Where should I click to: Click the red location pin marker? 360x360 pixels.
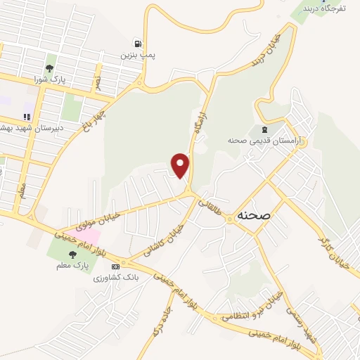181,165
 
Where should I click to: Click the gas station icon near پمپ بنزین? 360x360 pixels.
138,42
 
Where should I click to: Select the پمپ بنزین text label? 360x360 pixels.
137,54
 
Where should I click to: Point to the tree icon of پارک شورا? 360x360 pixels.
49,68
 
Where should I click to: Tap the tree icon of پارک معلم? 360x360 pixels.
71,255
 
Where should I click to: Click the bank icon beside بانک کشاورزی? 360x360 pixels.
116,266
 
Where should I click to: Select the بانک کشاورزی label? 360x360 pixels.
117,278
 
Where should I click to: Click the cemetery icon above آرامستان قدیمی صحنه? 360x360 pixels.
264,129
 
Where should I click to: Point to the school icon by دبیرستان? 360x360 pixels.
27,117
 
